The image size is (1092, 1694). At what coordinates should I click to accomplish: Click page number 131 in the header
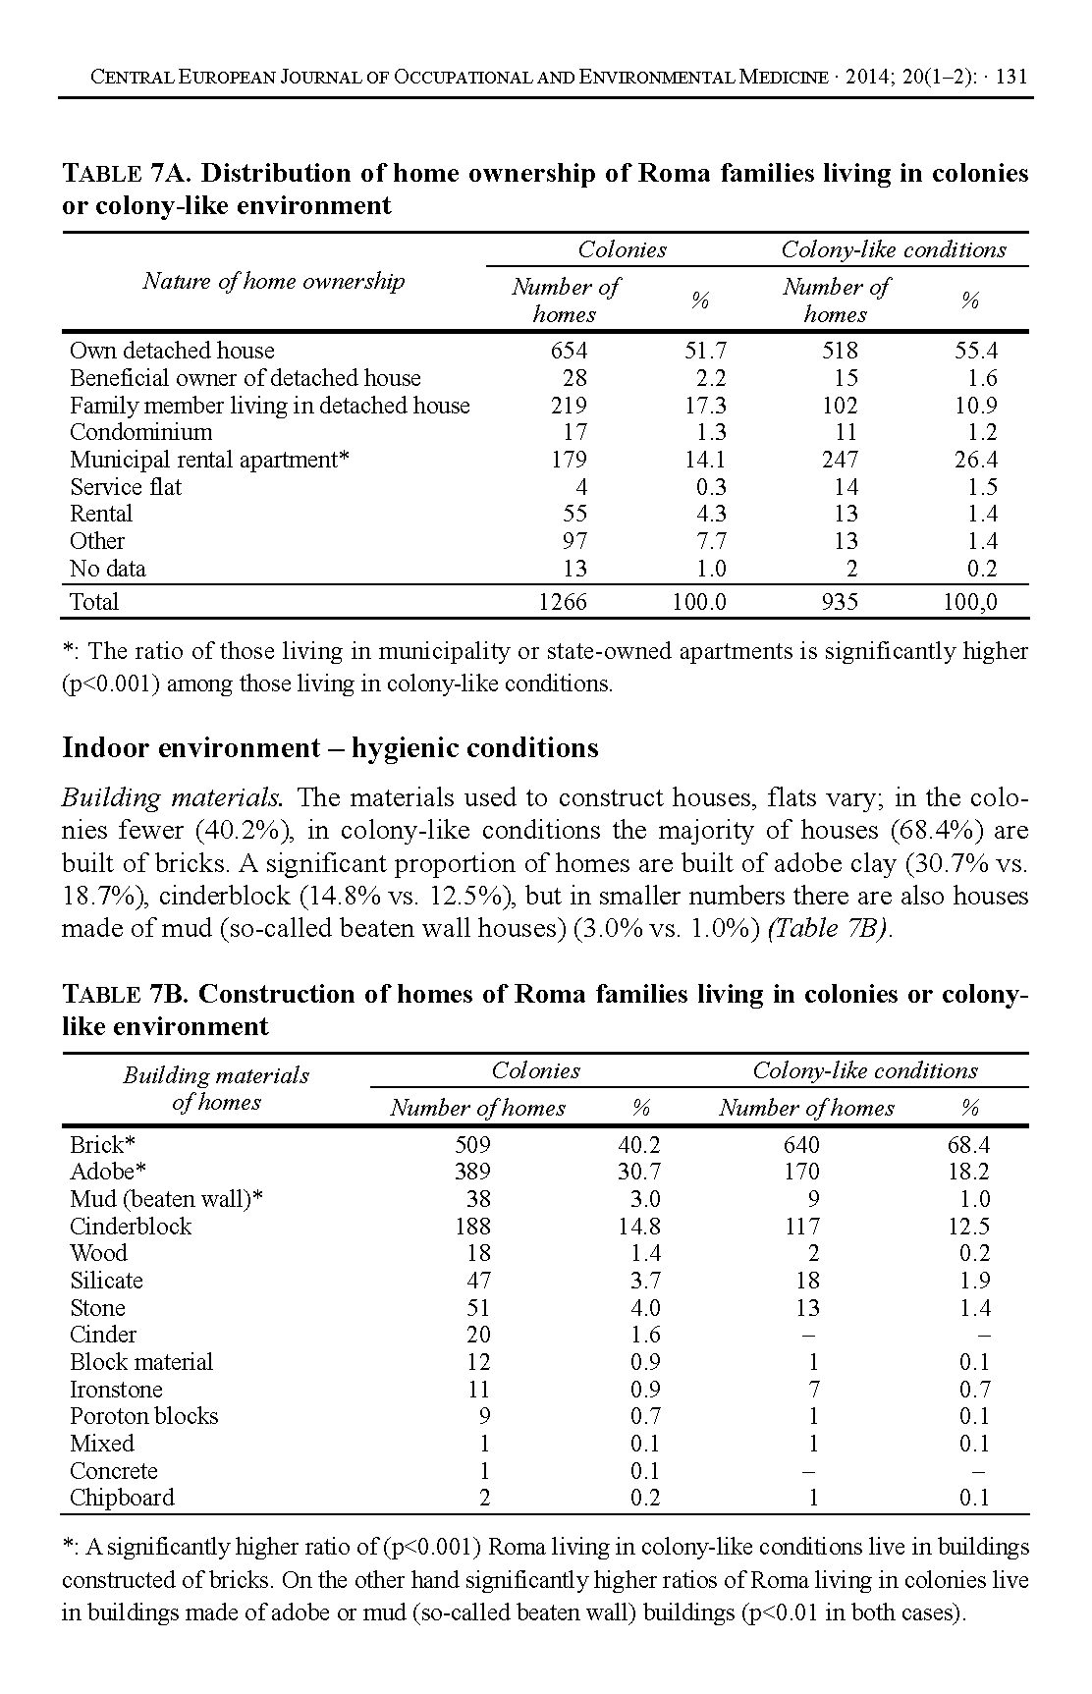1010,77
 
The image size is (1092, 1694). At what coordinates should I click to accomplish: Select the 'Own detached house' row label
172,351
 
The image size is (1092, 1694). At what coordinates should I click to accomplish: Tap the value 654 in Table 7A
569,351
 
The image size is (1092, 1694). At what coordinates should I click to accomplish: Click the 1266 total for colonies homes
564,602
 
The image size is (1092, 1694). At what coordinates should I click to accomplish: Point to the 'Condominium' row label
140,432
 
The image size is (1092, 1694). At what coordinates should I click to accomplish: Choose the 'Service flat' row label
126,487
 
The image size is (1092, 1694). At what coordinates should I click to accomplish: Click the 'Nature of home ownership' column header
273,282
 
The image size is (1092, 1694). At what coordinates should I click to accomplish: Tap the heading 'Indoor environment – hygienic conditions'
330,748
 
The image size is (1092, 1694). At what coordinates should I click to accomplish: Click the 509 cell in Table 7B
472,1144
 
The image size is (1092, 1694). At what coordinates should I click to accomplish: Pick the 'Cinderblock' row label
131,1227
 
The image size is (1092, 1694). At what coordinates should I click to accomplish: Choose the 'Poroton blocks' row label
143,1416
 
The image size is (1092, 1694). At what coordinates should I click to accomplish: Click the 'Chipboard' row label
122,1498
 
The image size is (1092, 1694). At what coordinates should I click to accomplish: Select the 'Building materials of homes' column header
216,1089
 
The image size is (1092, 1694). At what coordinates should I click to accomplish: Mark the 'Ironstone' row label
116,1390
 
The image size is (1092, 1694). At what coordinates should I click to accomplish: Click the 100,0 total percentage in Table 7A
969,602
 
